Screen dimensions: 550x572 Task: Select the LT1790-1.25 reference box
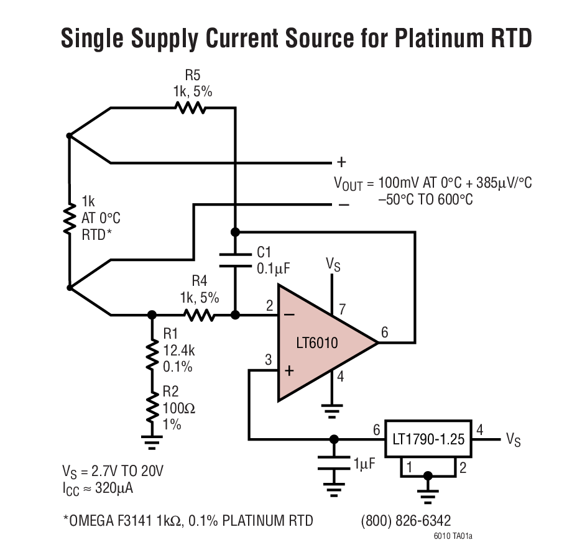point(428,439)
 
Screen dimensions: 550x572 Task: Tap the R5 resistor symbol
point(190,108)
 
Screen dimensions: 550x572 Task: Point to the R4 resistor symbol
point(198,315)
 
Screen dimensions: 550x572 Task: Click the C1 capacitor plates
point(234,259)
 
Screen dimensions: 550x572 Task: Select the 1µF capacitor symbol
point(334,463)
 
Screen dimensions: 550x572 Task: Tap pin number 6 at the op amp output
point(384,333)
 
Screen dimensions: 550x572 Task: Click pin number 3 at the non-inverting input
point(268,360)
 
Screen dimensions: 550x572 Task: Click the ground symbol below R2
point(151,442)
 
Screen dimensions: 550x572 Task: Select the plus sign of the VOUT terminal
point(341,162)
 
